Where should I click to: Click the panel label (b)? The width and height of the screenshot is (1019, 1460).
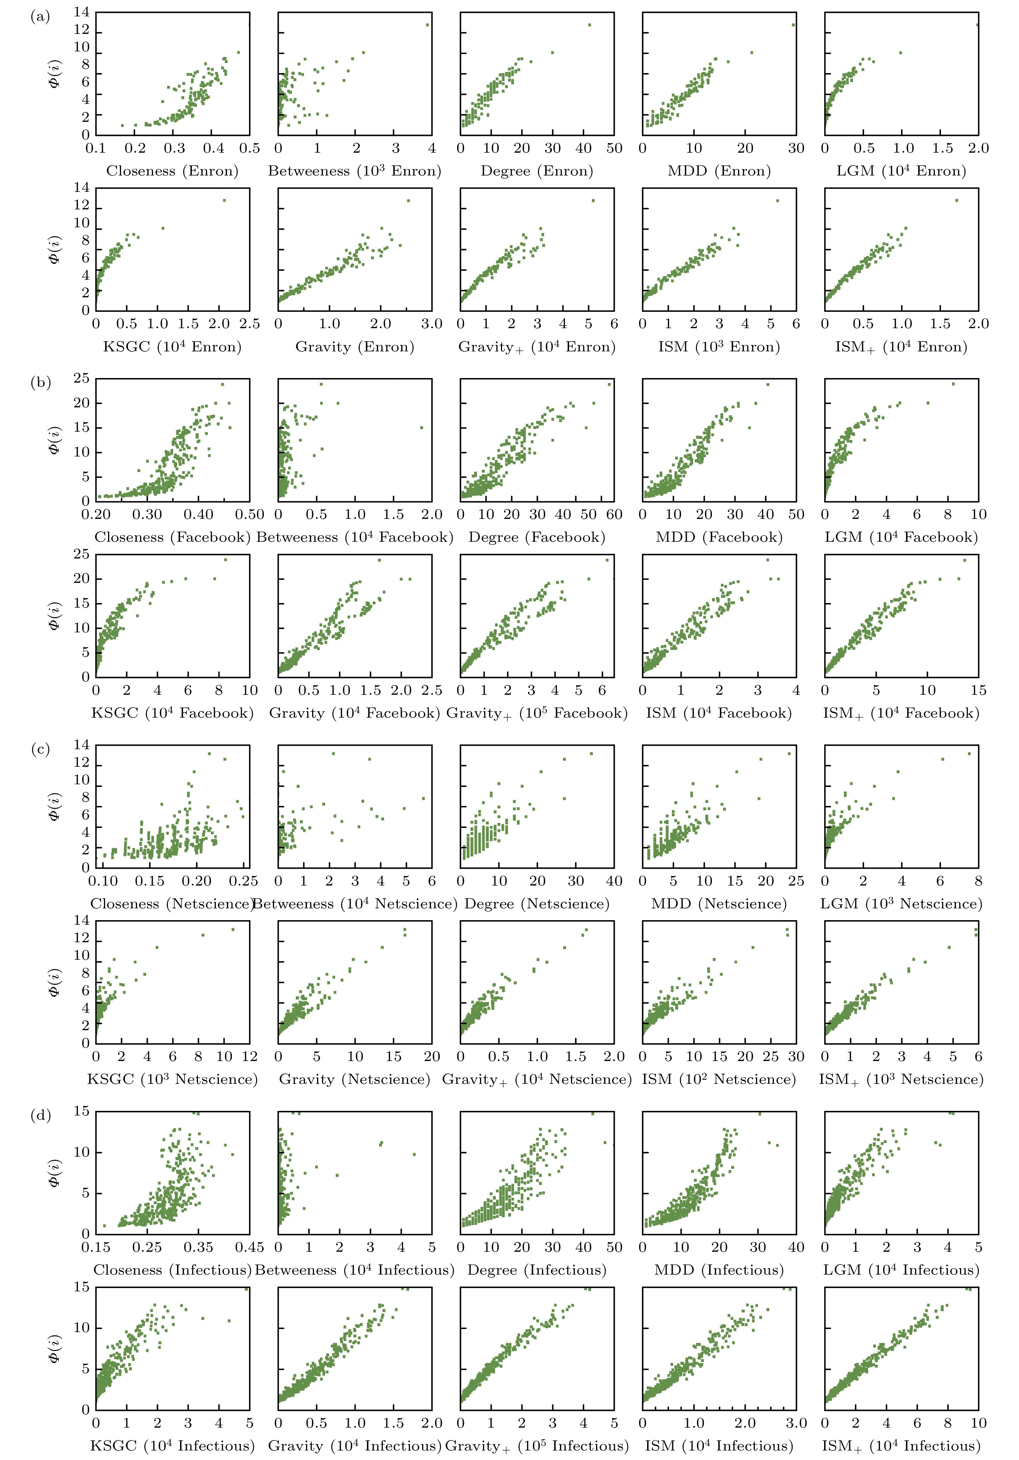click(x=40, y=383)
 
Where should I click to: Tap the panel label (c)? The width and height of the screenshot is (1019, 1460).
click(x=40, y=749)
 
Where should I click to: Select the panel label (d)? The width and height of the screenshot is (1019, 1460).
click(x=40, y=1115)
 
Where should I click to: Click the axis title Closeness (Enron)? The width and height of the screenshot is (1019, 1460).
click(x=172, y=171)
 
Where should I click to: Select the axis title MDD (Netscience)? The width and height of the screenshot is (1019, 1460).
click(x=719, y=903)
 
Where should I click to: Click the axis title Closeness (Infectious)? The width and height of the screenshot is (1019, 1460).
click(x=172, y=1270)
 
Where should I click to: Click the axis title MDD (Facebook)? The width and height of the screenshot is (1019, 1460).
click(x=719, y=537)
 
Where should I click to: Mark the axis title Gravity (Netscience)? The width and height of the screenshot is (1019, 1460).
click(x=355, y=1079)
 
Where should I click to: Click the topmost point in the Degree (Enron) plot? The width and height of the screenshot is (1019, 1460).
click(x=589, y=25)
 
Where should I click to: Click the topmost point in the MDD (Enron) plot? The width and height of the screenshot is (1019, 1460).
click(x=793, y=25)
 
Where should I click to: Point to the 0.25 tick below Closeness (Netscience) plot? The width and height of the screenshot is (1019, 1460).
click(x=244, y=881)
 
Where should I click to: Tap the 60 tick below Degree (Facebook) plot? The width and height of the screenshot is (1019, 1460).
click(x=614, y=515)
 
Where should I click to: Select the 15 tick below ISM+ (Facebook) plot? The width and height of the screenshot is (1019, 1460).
click(x=978, y=691)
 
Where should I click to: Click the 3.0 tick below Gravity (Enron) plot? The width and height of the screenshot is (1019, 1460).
click(x=432, y=324)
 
